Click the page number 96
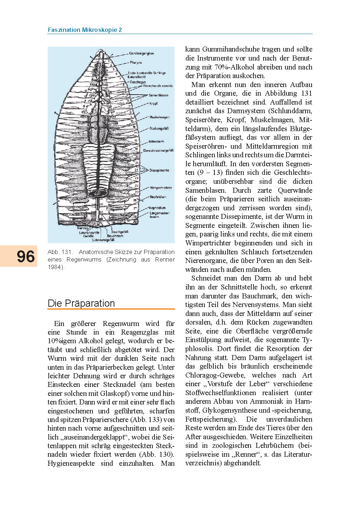[25, 257]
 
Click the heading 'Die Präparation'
[81, 303]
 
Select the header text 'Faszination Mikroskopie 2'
[85, 30]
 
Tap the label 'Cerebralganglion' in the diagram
[141, 53]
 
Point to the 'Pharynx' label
[136, 62]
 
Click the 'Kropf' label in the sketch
[153, 104]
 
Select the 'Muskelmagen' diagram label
[159, 117]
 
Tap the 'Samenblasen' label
[158, 95]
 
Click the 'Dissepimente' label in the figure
[159, 170]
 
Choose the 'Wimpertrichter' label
[161, 188]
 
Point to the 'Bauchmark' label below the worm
[115, 236]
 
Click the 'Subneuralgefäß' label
[103, 240]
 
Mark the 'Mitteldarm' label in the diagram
[156, 142]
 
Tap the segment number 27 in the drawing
[135, 208]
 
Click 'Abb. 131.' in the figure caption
[60, 252]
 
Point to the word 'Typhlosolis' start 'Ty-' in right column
[307, 340]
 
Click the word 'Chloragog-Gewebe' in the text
[215, 375]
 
